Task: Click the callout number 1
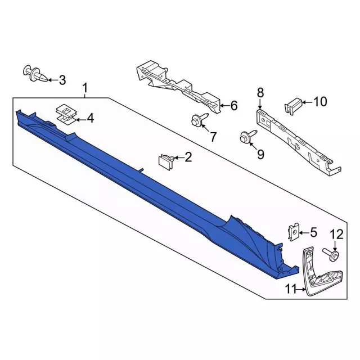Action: click(85, 88)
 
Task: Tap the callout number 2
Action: click(188, 157)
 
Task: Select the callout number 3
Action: click(62, 80)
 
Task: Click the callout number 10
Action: click(319, 102)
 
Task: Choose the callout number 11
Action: click(290, 290)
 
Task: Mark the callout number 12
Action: click(335, 234)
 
